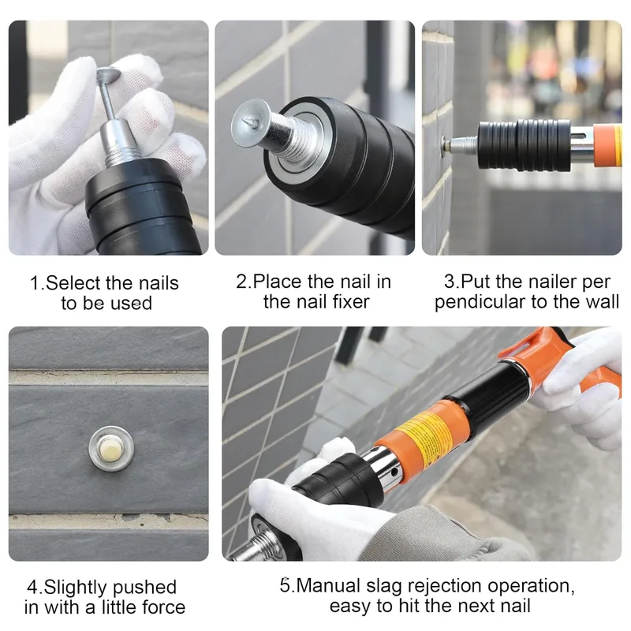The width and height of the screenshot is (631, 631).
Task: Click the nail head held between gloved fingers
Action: point(108,74)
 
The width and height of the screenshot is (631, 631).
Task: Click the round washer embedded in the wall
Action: point(111,448)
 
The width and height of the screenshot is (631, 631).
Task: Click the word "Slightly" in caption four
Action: point(75,588)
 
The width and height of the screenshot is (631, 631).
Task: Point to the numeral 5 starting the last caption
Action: point(285,585)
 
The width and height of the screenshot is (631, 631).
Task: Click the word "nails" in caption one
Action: point(159,283)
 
